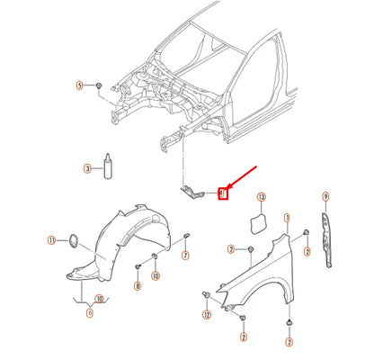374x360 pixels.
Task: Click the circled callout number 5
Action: (79, 85)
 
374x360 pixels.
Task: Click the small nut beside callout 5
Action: (99, 86)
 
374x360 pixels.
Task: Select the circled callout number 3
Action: (87, 168)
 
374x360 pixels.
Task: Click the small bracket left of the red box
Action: (193, 191)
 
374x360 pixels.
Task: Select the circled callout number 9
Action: (325, 196)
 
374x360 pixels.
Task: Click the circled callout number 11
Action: (52, 240)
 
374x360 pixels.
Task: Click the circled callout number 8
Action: (138, 286)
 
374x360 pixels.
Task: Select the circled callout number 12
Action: (206, 315)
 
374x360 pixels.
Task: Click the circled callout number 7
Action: (185, 256)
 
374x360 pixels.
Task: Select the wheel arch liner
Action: (117, 243)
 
